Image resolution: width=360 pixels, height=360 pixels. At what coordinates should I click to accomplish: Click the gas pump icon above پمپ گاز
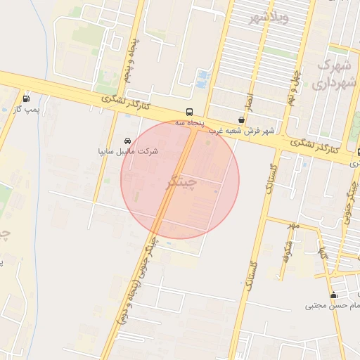tap(27, 98)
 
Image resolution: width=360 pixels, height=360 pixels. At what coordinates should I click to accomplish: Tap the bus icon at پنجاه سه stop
tap(189, 112)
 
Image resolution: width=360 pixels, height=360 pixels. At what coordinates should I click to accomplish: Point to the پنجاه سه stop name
tap(189, 122)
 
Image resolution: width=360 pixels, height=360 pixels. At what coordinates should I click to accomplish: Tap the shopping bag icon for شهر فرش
tap(241, 120)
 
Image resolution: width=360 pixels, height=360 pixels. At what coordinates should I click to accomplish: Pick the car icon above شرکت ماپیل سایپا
tap(127, 140)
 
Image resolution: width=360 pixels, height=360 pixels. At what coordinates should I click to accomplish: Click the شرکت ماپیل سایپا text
tap(128, 151)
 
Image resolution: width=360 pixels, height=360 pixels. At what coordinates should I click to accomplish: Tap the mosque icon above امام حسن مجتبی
tap(333, 295)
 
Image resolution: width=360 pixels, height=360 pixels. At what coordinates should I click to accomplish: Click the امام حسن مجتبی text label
tap(332, 306)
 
